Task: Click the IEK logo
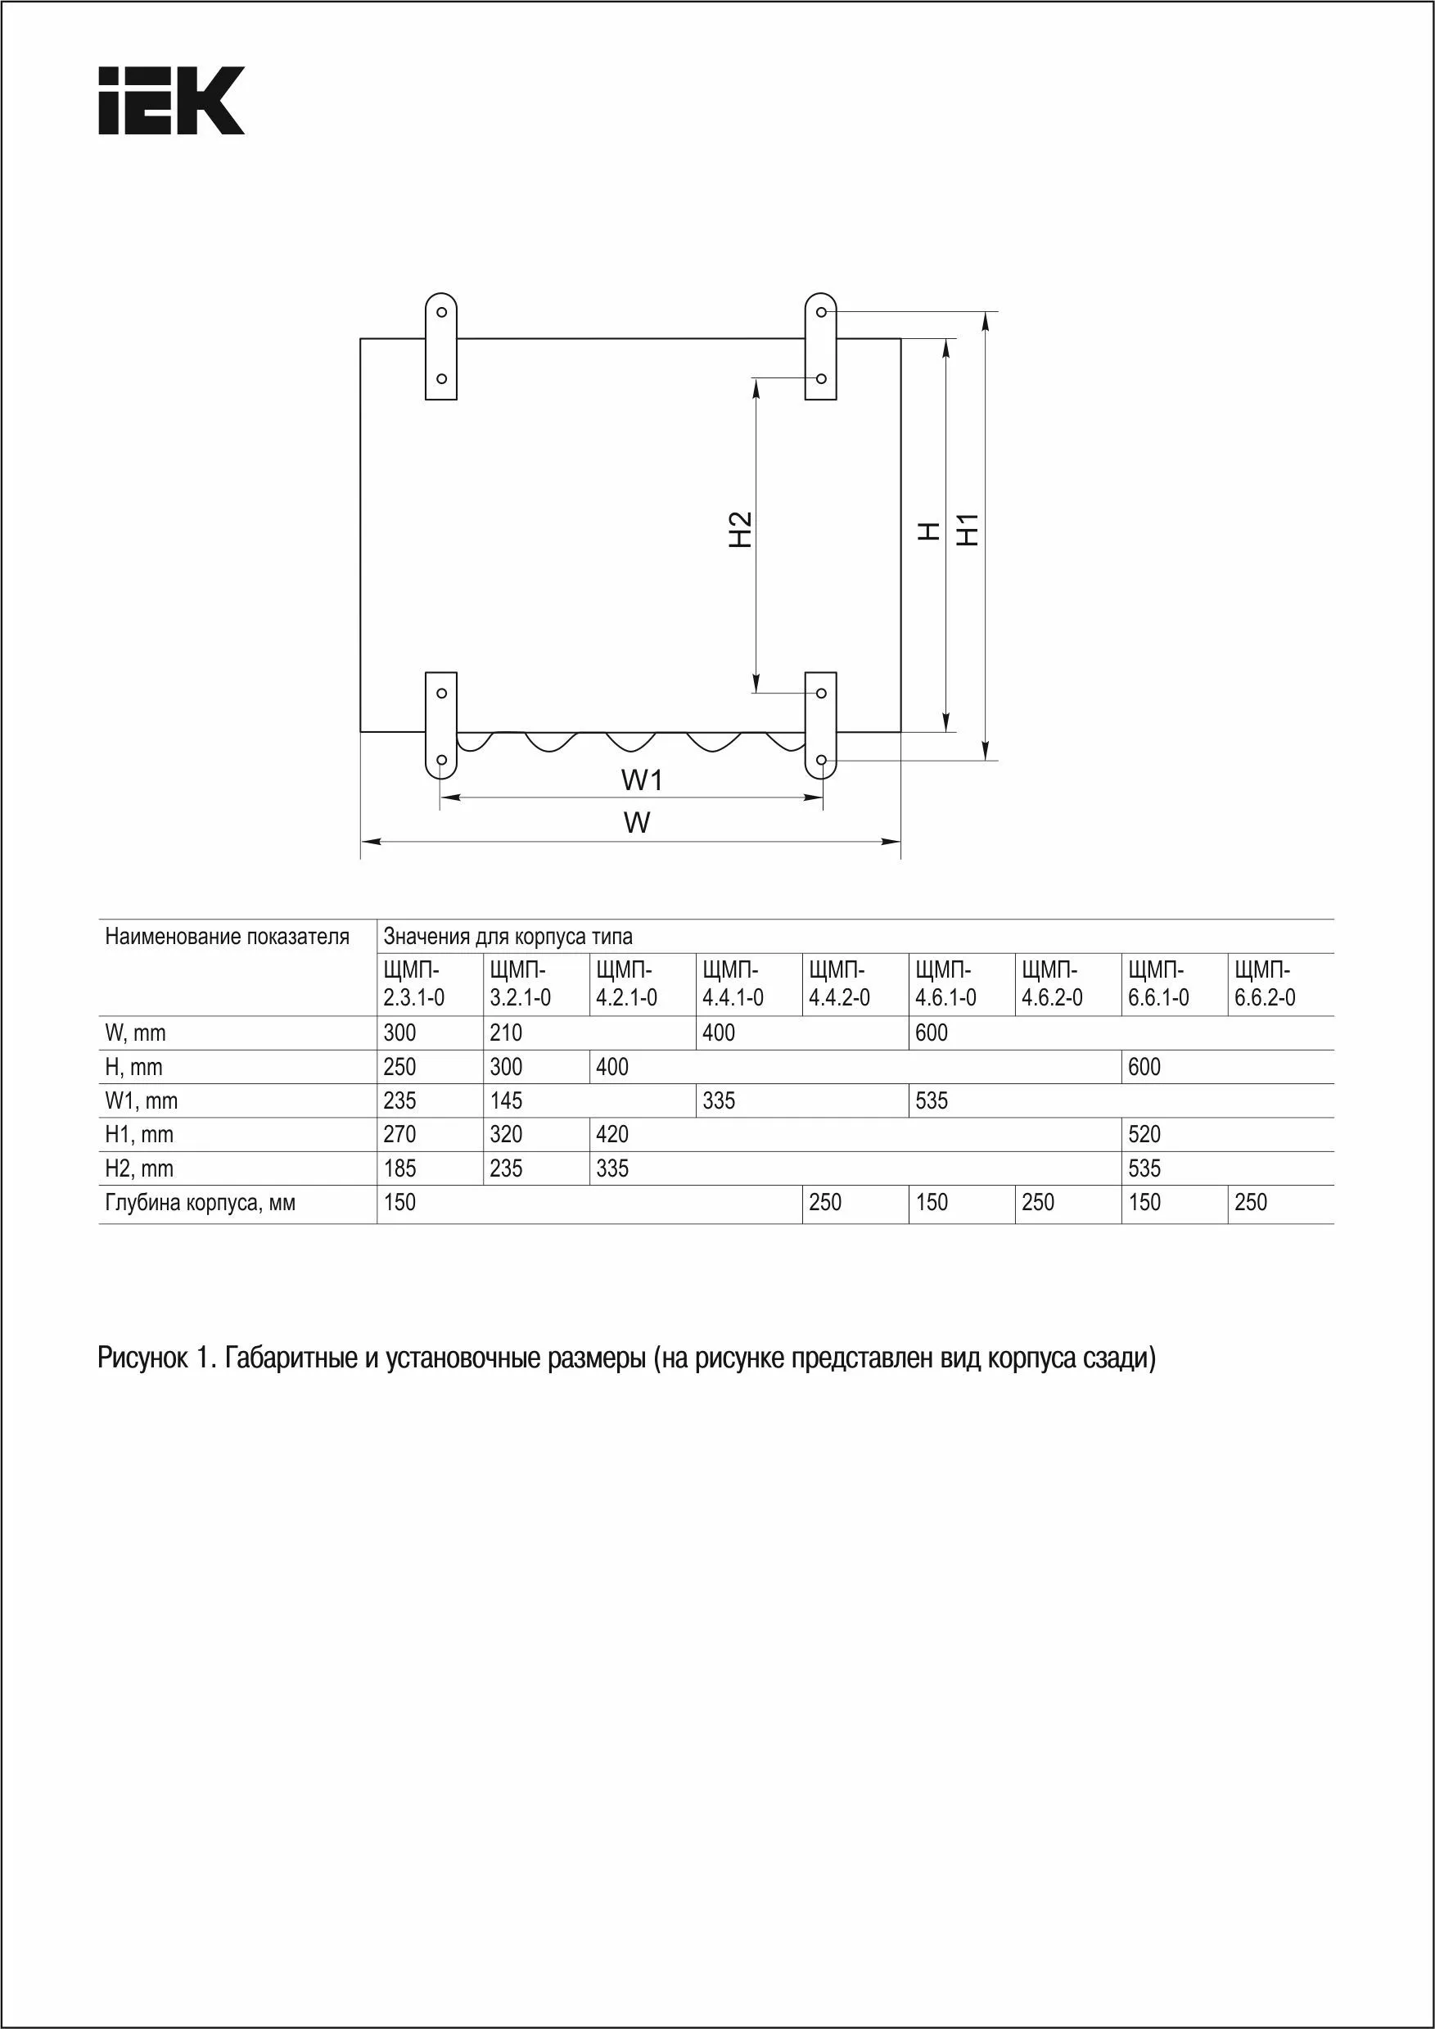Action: pyautogui.click(x=171, y=100)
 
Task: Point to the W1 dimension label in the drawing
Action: pyautogui.click(x=642, y=780)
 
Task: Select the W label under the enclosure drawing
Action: pyautogui.click(x=636, y=823)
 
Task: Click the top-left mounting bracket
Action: pyautogui.click(x=441, y=346)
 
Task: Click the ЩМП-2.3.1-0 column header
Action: pyautogui.click(x=413, y=983)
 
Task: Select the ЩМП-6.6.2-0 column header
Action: pyautogui.click(x=1265, y=983)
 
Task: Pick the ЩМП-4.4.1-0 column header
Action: pyautogui.click(x=733, y=983)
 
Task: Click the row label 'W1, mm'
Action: pyautogui.click(x=142, y=1101)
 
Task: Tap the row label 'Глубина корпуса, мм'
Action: pyautogui.click(x=200, y=1203)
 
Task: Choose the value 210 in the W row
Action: pyautogui.click(x=507, y=1033)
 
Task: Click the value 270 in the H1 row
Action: pyautogui.click(x=399, y=1135)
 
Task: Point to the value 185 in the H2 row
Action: pyautogui.click(x=399, y=1168)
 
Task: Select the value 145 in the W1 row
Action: pyautogui.click(x=507, y=1101)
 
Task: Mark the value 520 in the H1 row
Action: pyautogui.click(x=1144, y=1135)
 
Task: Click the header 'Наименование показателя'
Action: pyautogui.click(x=227, y=937)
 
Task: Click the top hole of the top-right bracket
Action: pyautogui.click(x=821, y=312)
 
